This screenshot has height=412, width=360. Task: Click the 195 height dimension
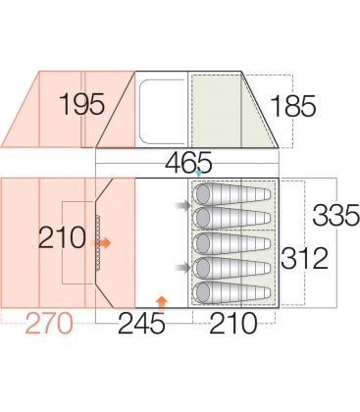pyautogui.click(x=82, y=104)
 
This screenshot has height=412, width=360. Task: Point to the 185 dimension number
pyautogui.click(x=293, y=106)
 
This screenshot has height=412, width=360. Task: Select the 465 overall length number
pyautogui.click(x=188, y=162)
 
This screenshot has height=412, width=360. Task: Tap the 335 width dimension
pyautogui.click(x=336, y=215)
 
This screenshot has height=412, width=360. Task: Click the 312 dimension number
pyautogui.click(x=304, y=258)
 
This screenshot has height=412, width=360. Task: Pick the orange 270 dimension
pyautogui.click(x=49, y=323)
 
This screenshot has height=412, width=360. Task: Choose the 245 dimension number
pyautogui.click(x=141, y=323)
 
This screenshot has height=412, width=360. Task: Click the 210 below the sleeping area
pyautogui.click(x=233, y=323)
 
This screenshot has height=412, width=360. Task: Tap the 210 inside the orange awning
pyautogui.click(x=62, y=237)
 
